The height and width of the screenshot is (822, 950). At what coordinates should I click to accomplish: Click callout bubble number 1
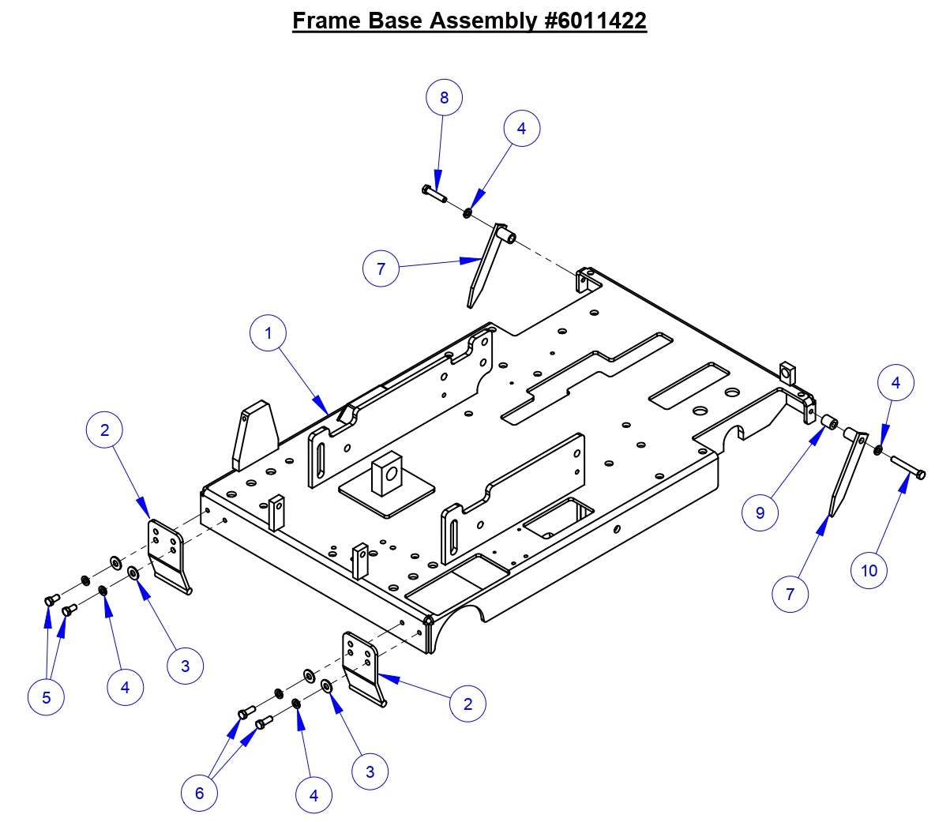click(268, 333)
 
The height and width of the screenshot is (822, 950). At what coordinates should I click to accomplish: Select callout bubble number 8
click(444, 97)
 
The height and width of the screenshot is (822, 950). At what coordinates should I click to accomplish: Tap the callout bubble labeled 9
click(760, 512)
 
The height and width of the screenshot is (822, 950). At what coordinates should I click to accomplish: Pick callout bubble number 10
click(869, 570)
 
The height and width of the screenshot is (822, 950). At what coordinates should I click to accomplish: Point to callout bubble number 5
click(46, 697)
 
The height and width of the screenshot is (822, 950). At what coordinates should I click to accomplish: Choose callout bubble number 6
click(199, 792)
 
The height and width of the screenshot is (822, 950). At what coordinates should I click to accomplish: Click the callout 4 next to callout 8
click(521, 128)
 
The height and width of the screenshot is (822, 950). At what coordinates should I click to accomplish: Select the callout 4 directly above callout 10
click(896, 383)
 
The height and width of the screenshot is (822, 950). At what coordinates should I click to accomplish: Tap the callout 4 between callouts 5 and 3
click(125, 687)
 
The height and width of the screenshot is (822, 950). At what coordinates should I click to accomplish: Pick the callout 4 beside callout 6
click(314, 795)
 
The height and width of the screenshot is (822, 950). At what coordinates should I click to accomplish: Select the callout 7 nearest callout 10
click(790, 594)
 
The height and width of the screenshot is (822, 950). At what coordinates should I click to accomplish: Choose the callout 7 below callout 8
click(381, 268)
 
